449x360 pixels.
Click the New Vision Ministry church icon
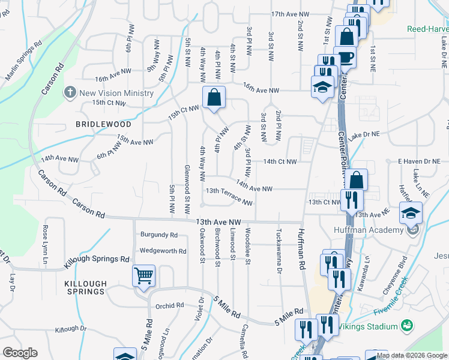(x=70, y=93)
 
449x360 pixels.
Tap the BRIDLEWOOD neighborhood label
(x=103, y=124)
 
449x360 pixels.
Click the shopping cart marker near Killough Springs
(x=144, y=276)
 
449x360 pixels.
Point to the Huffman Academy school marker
(x=411, y=214)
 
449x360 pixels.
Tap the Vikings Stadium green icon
(x=408, y=326)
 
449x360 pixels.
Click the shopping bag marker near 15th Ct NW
(x=214, y=97)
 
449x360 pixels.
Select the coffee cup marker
(x=346, y=58)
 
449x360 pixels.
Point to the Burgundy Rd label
(x=159, y=235)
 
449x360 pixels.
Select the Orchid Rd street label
(x=169, y=305)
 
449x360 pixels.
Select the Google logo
(x=20, y=353)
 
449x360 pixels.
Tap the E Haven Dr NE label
(x=419, y=161)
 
